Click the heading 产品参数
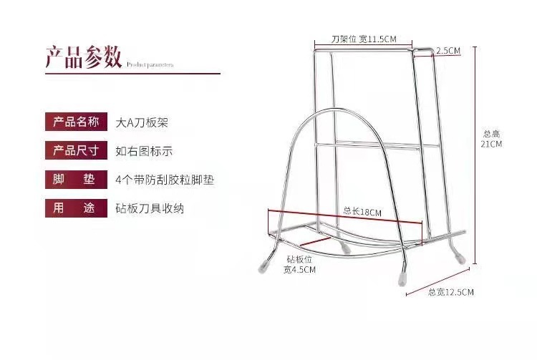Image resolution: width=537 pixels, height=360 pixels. click(x=83, y=57)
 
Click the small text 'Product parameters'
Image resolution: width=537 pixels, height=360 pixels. click(x=150, y=64)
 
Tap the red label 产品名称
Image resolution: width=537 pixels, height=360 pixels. click(x=73, y=122)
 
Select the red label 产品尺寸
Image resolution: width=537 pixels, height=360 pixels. click(x=73, y=151)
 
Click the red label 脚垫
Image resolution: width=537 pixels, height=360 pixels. click(x=73, y=180)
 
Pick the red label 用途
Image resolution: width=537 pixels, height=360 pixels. click(x=73, y=208)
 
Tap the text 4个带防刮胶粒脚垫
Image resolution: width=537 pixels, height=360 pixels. click(x=165, y=180)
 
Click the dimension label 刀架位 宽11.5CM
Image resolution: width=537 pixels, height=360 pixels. click(x=364, y=39)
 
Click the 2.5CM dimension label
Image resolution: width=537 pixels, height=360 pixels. click(x=447, y=51)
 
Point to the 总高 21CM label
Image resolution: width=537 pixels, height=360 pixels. click(x=491, y=138)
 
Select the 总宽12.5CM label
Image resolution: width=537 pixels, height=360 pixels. click(x=450, y=292)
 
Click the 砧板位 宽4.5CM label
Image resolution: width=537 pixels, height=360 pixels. click(x=299, y=264)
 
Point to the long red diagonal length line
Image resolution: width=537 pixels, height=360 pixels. click(x=344, y=218)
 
